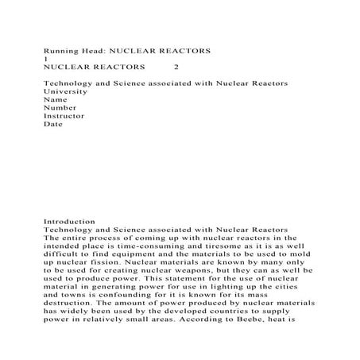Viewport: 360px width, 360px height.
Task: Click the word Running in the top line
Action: pyautogui.click(x=59, y=49)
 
